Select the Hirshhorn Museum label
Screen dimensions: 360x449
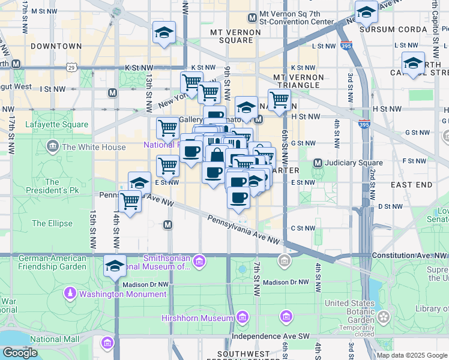pos(197,317)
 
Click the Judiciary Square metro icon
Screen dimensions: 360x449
pos(318,163)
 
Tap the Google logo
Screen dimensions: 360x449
pos(20,353)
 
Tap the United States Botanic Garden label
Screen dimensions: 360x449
pos(348,311)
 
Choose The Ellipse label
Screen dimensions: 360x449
pos(52,224)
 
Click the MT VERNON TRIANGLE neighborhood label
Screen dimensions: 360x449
pos(298,81)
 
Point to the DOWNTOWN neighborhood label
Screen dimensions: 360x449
pos(56,46)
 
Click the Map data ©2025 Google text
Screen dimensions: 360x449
pos(411,355)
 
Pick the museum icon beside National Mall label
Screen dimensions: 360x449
pos(107,343)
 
